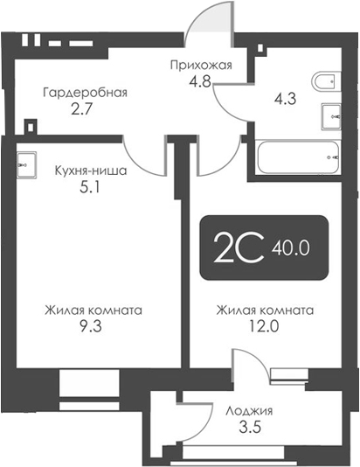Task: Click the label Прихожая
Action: pyautogui.click(x=201, y=65)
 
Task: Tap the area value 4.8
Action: pyautogui.click(x=199, y=80)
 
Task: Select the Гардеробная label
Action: pyautogui.click(x=85, y=93)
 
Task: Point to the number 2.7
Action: pyautogui.click(x=80, y=109)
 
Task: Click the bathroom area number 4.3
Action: pyautogui.click(x=285, y=99)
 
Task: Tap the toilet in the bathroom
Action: pyautogui.click(x=326, y=80)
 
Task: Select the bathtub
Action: pyautogui.click(x=299, y=157)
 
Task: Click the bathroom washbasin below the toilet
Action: pyautogui.click(x=331, y=116)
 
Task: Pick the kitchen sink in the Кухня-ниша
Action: pyautogui.click(x=27, y=164)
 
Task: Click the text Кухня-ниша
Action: pyautogui.click(x=91, y=171)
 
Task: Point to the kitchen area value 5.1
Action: pyautogui.click(x=90, y=188)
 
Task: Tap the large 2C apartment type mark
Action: pyautogui.click(x=239, y=247)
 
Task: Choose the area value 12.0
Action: pyautogui.click(x=264, y=326)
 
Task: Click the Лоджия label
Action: pyautogui.click(x=249, y=411)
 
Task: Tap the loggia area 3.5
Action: pyautogui.click(x=250, y=428)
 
